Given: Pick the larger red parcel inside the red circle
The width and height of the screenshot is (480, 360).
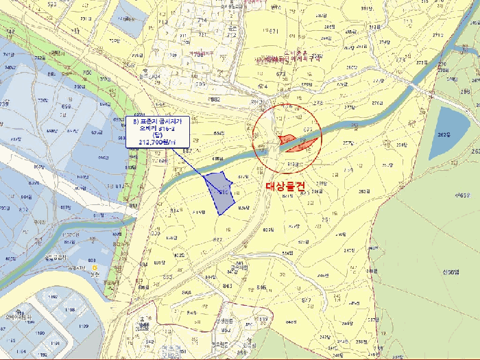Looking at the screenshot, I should (302, 144).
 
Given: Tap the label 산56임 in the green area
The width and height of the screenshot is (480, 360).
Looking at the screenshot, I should (449, 272).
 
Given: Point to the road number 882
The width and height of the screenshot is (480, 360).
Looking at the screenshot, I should (215, 99).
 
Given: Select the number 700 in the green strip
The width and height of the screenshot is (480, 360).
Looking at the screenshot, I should (87, 72).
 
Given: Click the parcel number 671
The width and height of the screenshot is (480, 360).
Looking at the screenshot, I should (274, 32).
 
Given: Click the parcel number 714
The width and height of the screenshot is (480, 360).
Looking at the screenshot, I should (202, 21).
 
